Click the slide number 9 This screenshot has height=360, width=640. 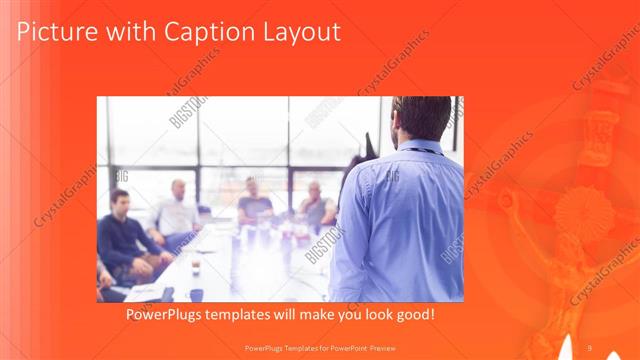tap(589, 347)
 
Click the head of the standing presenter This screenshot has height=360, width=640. tap(422, 118)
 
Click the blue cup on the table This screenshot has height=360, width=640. tap(195, 294)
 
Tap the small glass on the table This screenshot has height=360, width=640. tap(195, 265)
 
